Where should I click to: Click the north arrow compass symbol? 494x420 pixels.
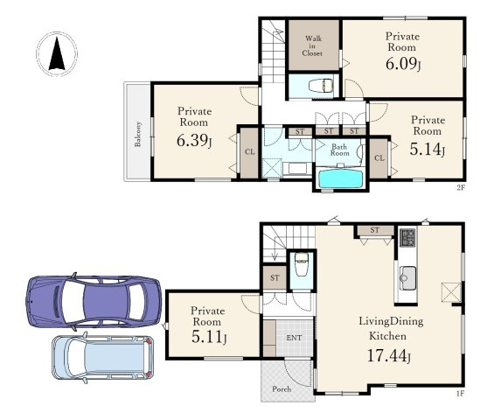(x=57, y=54)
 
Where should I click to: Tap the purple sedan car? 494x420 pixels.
(x=94, y=301)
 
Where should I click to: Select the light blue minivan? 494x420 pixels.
(x=103, y=357)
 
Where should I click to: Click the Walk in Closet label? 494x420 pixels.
(x=312, y=46)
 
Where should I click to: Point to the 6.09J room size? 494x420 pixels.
(x=403, y=64)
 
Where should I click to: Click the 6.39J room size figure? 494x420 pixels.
(x=194, y=141)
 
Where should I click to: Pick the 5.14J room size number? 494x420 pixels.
(x=428, y=149)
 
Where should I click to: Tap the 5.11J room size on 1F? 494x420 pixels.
(x=209, y=337)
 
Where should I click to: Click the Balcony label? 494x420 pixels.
(x=137, y=134)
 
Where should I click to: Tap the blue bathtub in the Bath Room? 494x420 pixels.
(x=340, y=178)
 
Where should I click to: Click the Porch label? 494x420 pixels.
(x=282, y=388)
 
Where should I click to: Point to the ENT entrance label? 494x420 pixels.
(x=294, y=338)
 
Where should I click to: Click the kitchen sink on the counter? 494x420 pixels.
(x=407, y=277)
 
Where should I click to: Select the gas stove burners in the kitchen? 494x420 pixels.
(x=407, y=237)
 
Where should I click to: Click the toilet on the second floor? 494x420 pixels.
(x=321, y=86)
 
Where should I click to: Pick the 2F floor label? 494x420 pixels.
(x=461, y=188)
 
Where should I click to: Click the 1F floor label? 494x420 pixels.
(x=460, y=394)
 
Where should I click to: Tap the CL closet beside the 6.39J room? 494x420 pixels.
(x=249, y=152)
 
